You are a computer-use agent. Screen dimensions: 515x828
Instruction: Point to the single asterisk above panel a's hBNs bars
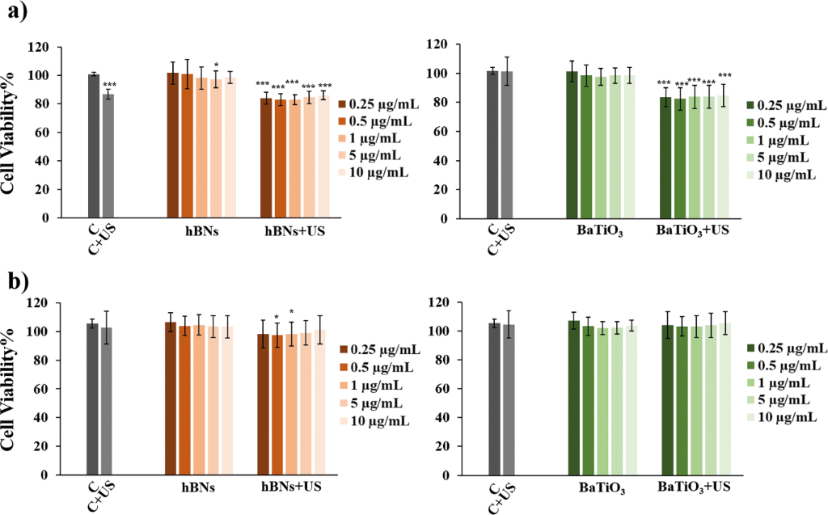[x=216, y=66]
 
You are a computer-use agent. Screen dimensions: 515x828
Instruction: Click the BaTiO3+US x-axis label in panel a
[x=692, y=230]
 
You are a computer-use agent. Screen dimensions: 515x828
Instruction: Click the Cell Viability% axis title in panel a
[x=11, y=132]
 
